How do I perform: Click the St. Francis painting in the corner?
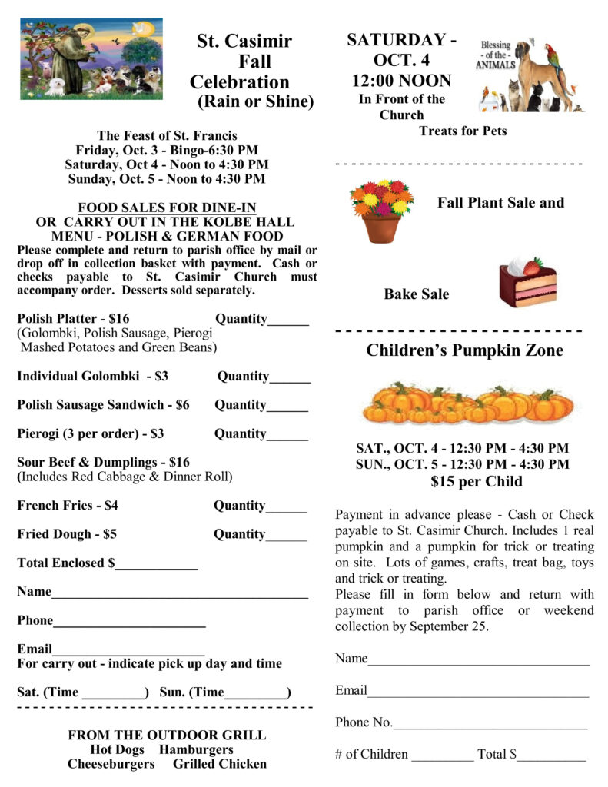[x=91, y=59]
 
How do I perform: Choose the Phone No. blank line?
[x=490, y=727]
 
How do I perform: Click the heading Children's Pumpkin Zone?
[x=464, y=351]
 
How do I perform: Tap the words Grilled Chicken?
[x=220, y=764]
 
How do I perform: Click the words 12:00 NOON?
[x=402, y=81]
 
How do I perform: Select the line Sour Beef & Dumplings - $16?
[x=103, y=463]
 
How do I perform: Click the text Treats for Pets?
[x=463, y=131]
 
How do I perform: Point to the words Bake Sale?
[x=417, y=294]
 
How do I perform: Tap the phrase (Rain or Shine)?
[x=256, y=101]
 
